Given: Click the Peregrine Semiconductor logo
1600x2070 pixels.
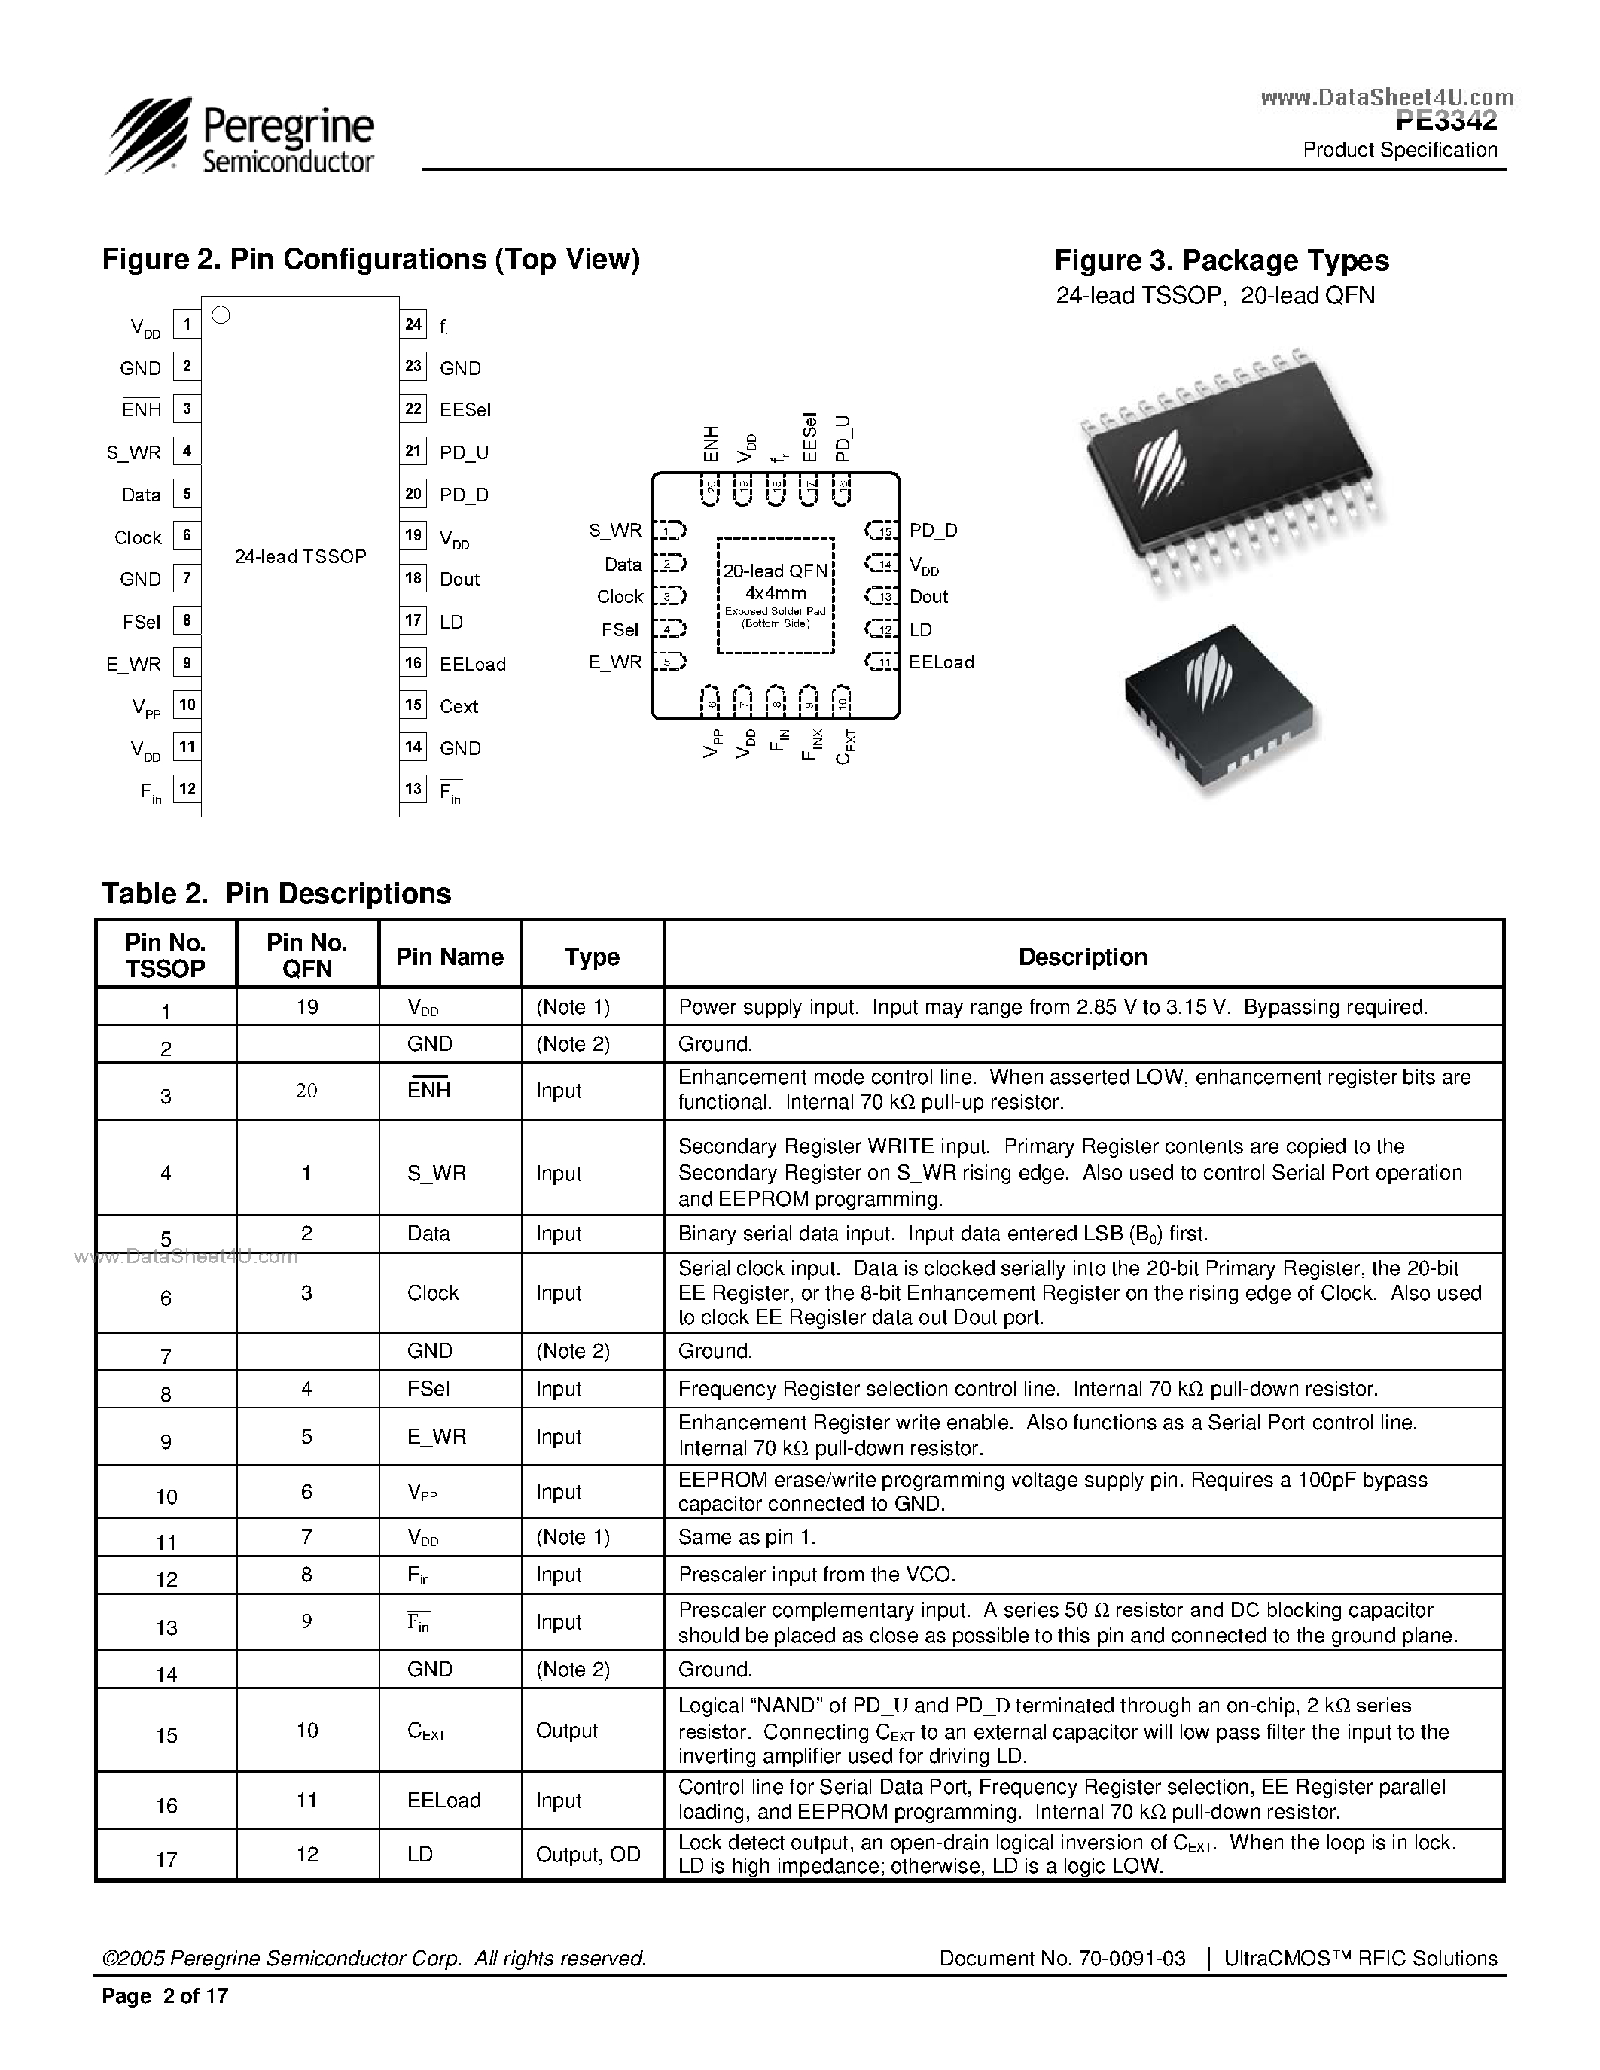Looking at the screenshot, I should [239, 138].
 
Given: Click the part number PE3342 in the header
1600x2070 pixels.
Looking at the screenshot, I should [1446, 121].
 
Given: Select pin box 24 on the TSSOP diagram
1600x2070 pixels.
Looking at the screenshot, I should [413, 324].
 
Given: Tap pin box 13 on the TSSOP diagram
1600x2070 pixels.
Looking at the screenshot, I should [413, 789].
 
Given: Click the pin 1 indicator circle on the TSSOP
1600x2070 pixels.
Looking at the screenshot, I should [221, 315].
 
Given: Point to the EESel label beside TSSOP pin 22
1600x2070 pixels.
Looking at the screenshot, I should [465, 409].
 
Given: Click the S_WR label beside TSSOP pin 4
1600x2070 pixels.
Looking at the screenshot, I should [134, 452].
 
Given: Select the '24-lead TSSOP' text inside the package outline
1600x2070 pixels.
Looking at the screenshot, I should [300, 556].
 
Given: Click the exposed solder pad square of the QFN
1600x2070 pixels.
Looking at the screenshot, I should [776, 595].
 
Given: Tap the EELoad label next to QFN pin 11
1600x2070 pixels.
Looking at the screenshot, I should [940, 662].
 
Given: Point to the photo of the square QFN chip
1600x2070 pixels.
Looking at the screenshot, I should [1221, 706].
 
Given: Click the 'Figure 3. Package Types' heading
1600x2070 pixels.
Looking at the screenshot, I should [1221, 260].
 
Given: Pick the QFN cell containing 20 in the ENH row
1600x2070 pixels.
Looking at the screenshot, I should [306, 1091].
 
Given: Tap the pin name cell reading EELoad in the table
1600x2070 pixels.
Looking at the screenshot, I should [443, 1800].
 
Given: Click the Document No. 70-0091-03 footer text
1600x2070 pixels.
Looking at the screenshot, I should [1062, 1958].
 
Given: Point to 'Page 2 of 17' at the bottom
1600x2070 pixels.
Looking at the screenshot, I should [165, 1996].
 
